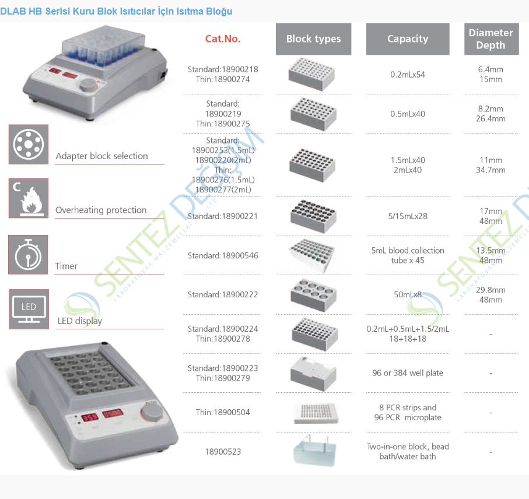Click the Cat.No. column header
(223, 39)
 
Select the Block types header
(313, 39)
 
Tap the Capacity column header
(408, 39)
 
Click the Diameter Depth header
(491, 39)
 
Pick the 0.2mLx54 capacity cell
(408, 75)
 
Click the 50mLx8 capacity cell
(408, 295)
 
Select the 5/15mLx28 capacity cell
(408, 216)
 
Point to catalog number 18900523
(223, 452)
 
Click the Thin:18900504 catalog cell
(223, 412)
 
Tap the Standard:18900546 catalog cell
(223, 255)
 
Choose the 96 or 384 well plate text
(408, 373)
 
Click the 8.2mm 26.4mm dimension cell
(491, 114)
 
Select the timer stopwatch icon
(28, 255)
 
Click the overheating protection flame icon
(28, 199)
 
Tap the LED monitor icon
(28, 309)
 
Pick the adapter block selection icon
(28, 144)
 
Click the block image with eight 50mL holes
(313, 294)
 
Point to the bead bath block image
(313, 451)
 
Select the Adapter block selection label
(101, 156)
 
